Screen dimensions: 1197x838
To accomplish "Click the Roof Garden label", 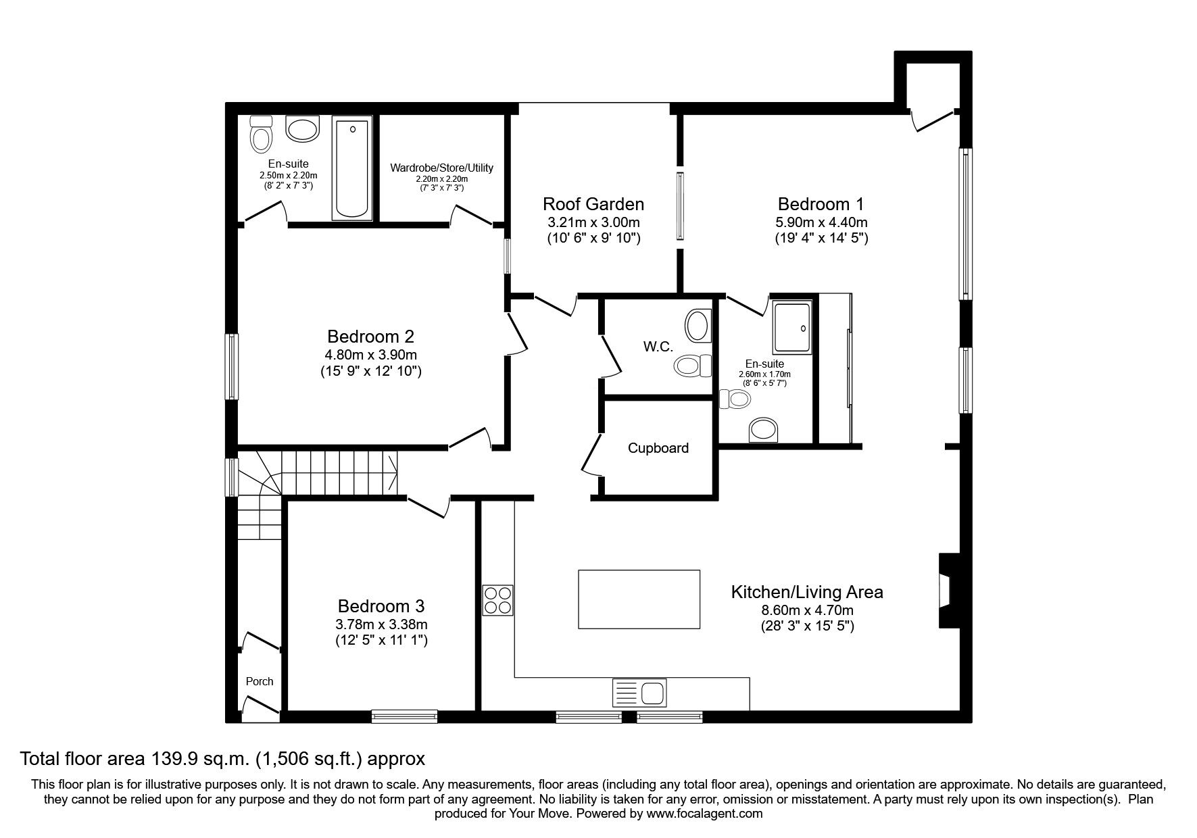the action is [x=593, y=203].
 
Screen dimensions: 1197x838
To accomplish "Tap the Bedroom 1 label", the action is [x=821, y=203].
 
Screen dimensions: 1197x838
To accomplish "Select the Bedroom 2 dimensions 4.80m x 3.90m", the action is [x=370, y=355].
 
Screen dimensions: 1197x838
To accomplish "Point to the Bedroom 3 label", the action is [x=381, y=606].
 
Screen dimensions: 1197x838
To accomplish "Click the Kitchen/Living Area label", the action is [x=807, y=592].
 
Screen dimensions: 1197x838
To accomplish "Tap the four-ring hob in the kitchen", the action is [x=497, y=600].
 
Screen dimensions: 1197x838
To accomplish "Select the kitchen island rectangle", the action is [x=639, y=599].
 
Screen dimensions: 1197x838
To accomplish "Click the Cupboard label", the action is [x=658, y=448].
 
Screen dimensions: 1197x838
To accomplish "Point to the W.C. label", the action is [x=658, y=347].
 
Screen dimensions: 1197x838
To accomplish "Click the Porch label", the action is [x=260, y=681].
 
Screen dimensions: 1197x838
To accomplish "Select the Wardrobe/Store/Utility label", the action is [x=442, y=168].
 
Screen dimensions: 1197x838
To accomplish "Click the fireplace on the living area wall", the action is [x=948, y=591].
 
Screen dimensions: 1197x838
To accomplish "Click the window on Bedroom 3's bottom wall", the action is [x=404, y=717].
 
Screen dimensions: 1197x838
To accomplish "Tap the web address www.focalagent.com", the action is [x=704, y=814].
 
